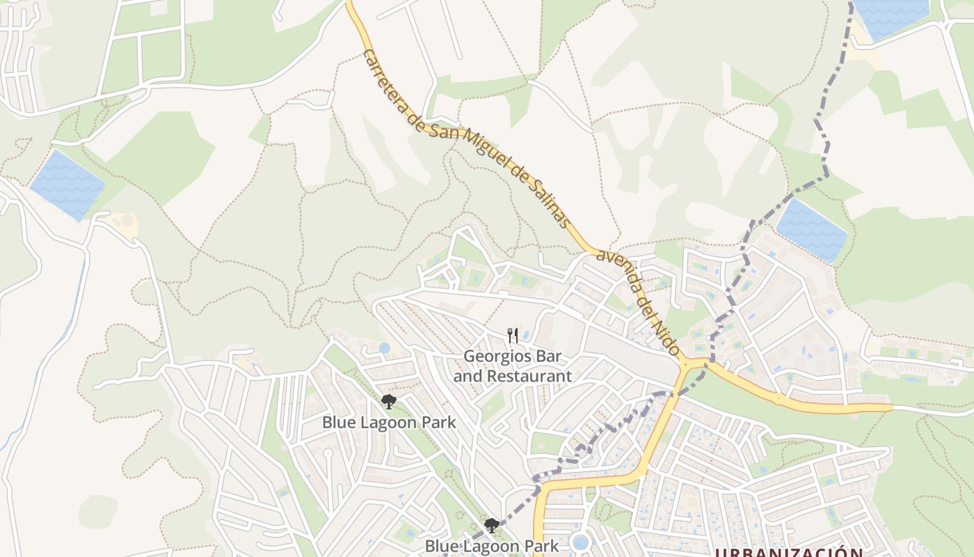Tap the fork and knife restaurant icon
click(513, 336)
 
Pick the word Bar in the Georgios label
click(549, 356)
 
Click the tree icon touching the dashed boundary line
click(491, 526)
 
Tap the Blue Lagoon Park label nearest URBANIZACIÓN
click(491, 547)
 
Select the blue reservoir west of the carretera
click(67, 185)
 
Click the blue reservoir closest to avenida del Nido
click(812, 230)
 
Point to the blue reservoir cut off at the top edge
click(891, 15)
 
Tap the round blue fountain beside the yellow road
click(580, 542)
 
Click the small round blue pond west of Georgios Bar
click(385, 347)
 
